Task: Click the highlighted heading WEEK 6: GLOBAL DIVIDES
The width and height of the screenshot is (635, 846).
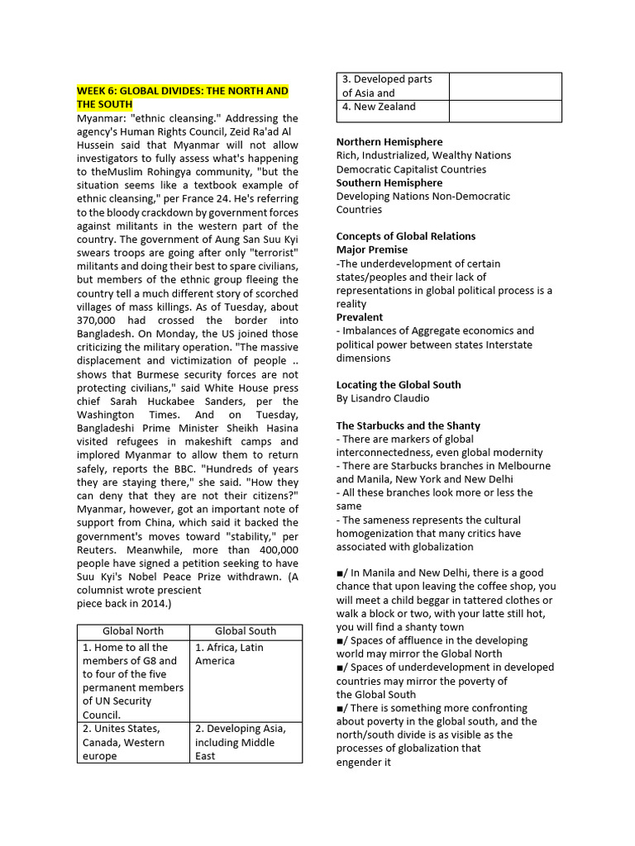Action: pos(182,97)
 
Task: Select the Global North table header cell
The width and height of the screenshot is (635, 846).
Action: pos(133,630)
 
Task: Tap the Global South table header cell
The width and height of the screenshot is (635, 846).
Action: pos(246,630)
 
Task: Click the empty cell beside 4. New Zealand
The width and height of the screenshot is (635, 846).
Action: pos(504,110)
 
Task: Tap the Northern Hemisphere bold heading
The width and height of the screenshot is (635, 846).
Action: pos(389,141)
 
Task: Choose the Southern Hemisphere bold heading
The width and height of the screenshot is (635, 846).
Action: pos(389,183)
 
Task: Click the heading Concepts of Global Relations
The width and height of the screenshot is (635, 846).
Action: pos(405,236)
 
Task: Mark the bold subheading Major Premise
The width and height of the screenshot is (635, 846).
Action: pos(371,250)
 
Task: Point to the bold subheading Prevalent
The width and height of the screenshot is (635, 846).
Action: pos(360,317)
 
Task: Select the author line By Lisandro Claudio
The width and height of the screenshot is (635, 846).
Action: pos(383,398)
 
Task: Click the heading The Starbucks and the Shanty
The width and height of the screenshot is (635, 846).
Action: pos(408,425)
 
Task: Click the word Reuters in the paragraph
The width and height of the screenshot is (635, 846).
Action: pos(98,549)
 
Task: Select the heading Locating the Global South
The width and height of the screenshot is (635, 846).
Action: pos(399,385)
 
